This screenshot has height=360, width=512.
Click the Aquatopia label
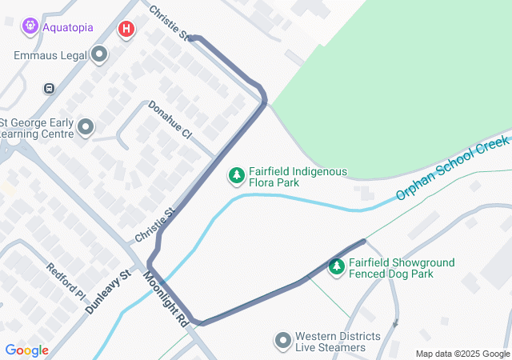[68, 27]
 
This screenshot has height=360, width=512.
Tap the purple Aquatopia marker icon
[30, 26]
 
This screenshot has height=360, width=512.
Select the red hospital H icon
[126, 30]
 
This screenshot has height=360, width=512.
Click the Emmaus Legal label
[50, 55]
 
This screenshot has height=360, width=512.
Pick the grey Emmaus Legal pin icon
[99, 55]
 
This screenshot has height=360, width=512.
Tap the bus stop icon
[50, 88]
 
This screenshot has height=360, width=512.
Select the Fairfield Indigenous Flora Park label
[298, 177]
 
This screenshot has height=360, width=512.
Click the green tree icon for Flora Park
[236, 174]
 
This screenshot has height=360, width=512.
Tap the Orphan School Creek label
[452, 170]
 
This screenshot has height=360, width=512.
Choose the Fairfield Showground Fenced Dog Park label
[402, 268]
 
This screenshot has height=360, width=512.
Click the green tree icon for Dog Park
[337, 266]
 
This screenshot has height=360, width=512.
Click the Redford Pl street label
[66, 281]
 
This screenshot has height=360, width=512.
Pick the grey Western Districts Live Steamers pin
[282, 342]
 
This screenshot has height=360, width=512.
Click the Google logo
[27, 350]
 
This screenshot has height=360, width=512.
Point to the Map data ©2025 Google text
[462, 354]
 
